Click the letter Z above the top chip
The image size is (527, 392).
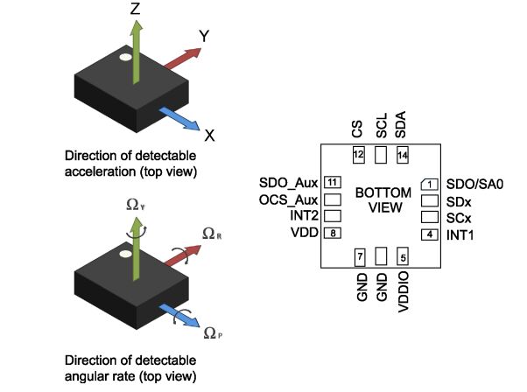pyautogui.click(x=134, y=9)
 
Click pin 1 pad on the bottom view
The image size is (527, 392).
pyautogui.click(x=429, y=184)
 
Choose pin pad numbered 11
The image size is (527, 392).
pyautogui.click(x=332, y=183)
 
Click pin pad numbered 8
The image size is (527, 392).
pyautogui.click(x=332, y=234)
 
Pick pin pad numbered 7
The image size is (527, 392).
pyautogui.click(x=359, y=257)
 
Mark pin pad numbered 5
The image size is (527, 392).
pyautogui.click(x=403, y=257)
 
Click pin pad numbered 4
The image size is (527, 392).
pyautogui.click(x=429, y=234)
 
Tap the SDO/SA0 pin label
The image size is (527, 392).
pyautogui.click(x=477, y=184)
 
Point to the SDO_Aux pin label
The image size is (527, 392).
pyautogui.click(x=287, y=184)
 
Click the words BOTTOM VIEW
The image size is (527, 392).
pyautogui.click(x=379, y=199)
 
